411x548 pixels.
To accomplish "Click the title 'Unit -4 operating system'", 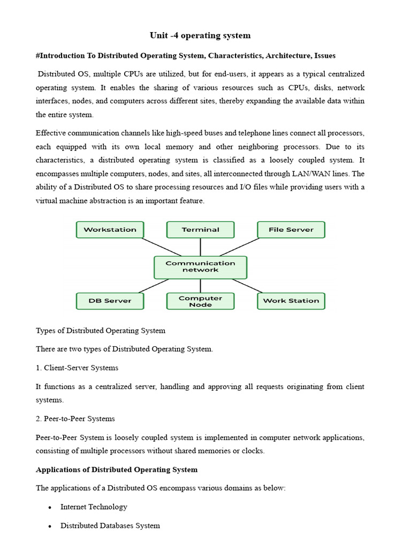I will [x=200, y=36].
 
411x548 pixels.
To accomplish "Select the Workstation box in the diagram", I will [x=110, y=230].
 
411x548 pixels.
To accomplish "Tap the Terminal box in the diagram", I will [x=200, y=230].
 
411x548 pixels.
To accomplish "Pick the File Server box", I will [x=291, y=230].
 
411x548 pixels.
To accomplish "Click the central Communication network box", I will [x=200, y=267].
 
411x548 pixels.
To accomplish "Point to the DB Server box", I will [x=110, y=301].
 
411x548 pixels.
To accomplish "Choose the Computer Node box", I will [x=200, y=301].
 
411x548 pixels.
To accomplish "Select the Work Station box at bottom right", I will [x=291, y=301].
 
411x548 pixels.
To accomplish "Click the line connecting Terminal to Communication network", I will [x=200, y=247].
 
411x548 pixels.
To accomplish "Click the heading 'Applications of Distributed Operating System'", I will [x=117, y=470].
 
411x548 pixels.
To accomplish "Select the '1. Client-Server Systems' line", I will [x=77, y=368].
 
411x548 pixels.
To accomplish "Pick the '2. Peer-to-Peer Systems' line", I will [x=75, y=418].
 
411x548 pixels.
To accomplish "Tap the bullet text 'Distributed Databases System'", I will [x=110, y=526].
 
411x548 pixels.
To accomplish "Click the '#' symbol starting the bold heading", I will [x=38, y=56].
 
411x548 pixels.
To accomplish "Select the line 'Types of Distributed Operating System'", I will [x=101, y=331].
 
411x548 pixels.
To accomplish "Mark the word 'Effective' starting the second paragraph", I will [x=52, y=133].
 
